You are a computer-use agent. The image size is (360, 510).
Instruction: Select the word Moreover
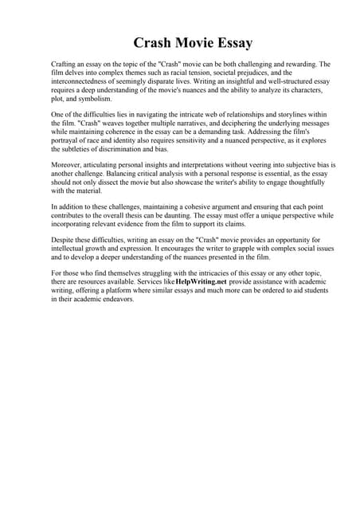(67, 165)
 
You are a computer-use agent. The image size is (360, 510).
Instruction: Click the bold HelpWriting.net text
(201, 282)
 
